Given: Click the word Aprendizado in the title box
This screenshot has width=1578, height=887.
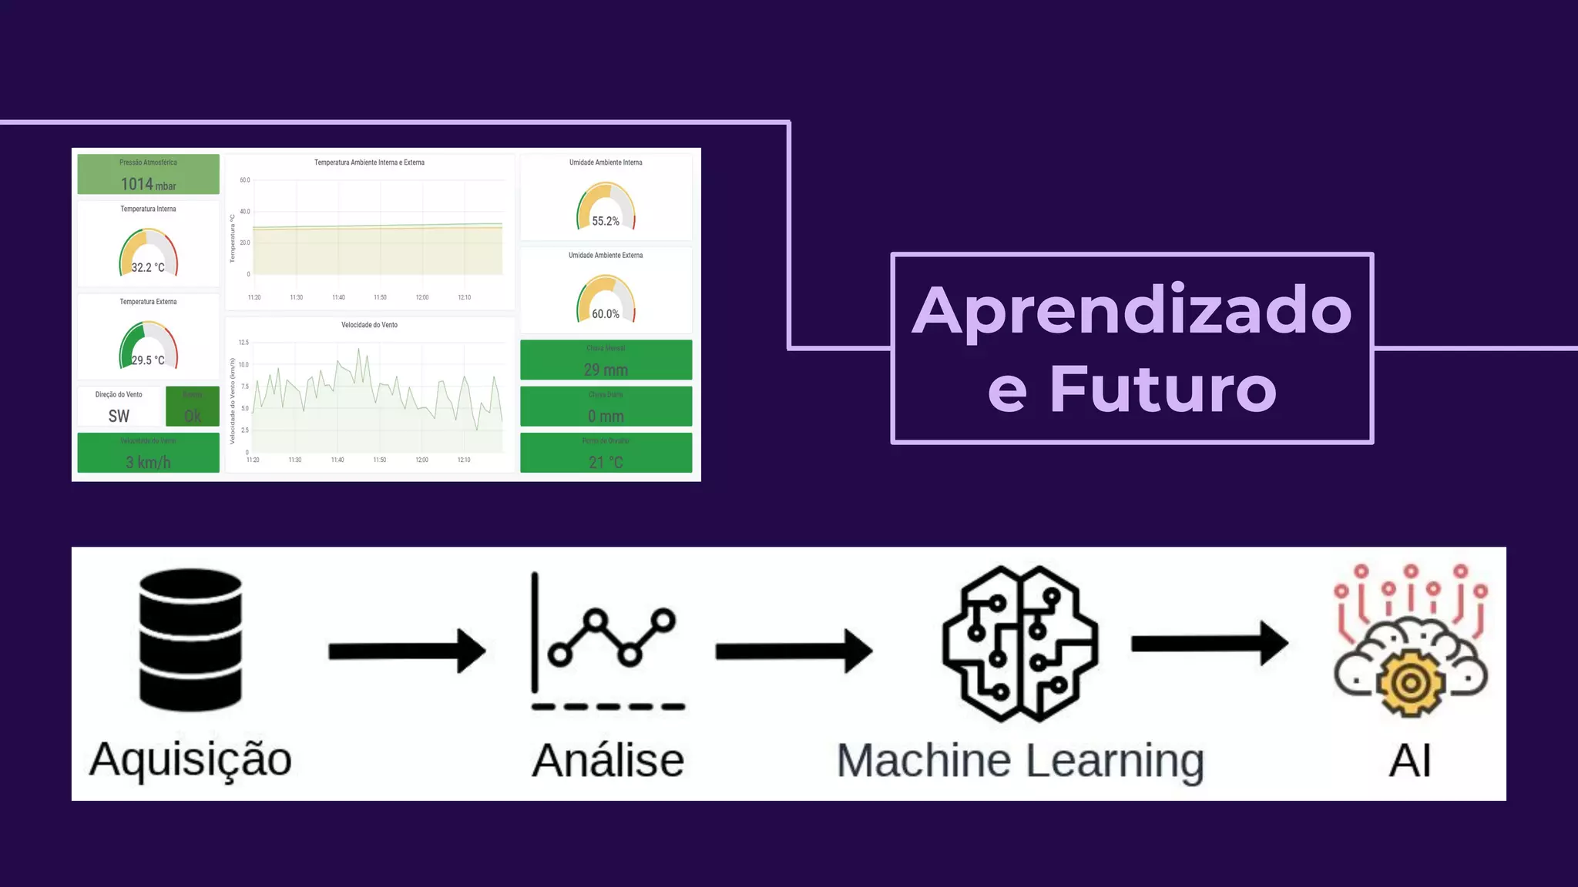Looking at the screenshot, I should tap(1131, 310).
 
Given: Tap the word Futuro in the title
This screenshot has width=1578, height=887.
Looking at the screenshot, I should tap(1163, 389).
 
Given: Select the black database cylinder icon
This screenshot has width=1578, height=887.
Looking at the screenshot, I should tap(190, 640).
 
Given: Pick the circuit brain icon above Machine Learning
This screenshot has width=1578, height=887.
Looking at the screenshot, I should tap(1020, 644).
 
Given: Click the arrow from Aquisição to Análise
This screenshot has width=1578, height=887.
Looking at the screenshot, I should tap(407, 651).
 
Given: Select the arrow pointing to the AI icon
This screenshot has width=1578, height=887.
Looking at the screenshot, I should tap(1209, 643).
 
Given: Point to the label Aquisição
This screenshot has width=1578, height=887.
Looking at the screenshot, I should tap(190, 759).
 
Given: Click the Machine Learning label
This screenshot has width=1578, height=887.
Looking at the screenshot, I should tap(1020, 761).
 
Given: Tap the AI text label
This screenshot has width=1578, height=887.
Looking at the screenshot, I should tap(1409, 761).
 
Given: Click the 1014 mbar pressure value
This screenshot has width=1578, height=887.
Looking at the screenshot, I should tap(148, 184).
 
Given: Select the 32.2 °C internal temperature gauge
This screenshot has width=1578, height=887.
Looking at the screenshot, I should tap(148, 253).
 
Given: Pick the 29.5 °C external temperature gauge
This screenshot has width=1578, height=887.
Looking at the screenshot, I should tap(148, 346).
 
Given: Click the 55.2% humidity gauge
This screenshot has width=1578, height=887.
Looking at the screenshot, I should tap(606, 207).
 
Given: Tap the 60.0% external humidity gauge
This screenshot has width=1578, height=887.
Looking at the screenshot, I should tap(606, 300).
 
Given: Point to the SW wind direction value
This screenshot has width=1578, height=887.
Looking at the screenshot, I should tap(119, 416).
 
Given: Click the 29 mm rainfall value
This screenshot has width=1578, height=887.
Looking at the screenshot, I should tap(606, 370).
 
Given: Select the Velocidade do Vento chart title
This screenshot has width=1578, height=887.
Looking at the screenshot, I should tap(370, 325).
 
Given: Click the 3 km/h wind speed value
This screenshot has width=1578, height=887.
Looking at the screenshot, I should tap(148, 462).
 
